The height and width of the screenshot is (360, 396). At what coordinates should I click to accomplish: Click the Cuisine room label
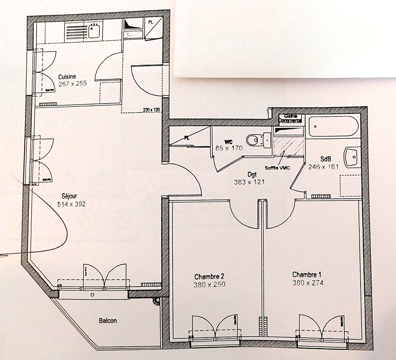[x=67, y=76]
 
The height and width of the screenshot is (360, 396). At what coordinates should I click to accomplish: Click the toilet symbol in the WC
[x=258, y=140]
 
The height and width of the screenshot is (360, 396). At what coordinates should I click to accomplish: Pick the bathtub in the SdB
[x=333, y=126]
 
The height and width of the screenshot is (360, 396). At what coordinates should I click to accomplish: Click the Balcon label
[x=108, y=321]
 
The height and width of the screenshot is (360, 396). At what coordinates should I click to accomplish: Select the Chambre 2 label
[x=209, y=277]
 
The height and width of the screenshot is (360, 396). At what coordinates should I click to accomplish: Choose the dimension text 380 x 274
[x=308, y=283]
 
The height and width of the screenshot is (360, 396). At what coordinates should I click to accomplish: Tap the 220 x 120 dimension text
[x=152, y=109]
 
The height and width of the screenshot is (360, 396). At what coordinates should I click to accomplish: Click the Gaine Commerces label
[x=290, y=118]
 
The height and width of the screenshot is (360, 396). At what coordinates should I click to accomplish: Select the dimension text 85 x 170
[x=229, y=148]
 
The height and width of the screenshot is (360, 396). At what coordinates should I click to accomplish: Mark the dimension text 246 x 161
[x=324, y=167]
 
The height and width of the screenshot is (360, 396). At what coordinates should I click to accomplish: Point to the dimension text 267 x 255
[x=72, y=84]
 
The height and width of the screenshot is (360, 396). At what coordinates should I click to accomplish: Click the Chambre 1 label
[x=307, y=275]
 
